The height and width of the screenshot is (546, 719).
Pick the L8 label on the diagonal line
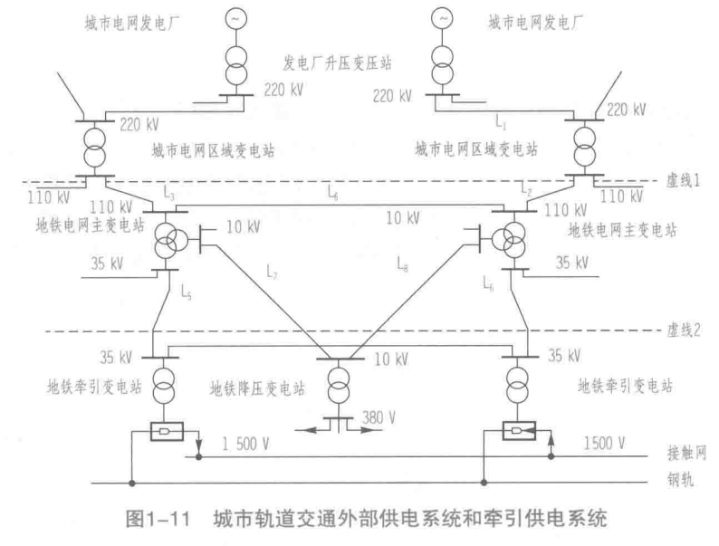[x=402, y=263]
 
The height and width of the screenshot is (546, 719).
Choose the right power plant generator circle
[x=442, y=18]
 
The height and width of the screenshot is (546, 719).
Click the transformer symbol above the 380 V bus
[x=337, y=385]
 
